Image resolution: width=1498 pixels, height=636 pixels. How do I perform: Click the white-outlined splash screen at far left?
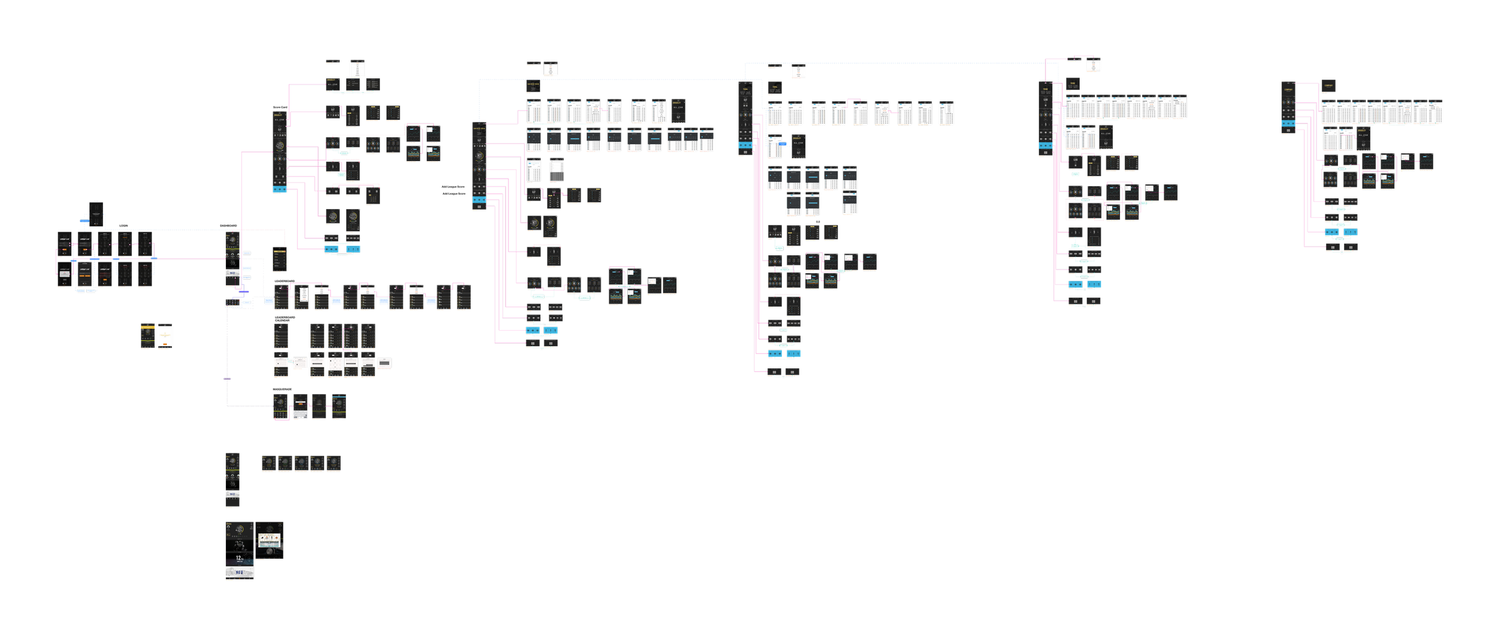pos(96,214)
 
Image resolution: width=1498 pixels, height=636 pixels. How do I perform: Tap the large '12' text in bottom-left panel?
pos(238,558)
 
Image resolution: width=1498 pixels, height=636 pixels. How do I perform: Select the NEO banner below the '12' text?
pos(239,573)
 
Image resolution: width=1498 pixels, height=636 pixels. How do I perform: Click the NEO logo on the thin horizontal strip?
pos(232,494)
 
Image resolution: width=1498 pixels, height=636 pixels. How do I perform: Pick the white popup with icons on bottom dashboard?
pos(268,540)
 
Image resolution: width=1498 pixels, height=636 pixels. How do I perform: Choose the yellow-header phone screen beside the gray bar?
pos(148,336)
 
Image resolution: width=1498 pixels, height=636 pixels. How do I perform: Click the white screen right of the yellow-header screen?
pos(165,336)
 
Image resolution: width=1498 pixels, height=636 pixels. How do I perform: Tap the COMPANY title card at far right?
pos(1328,86)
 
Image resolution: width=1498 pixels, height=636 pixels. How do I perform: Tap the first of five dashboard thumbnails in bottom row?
pos(268,462)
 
